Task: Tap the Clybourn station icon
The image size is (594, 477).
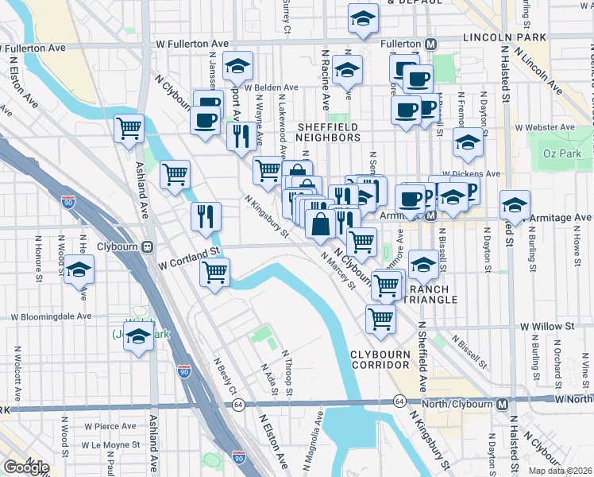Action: (x=147, y=246)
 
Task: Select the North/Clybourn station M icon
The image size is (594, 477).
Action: (x=502, y=404)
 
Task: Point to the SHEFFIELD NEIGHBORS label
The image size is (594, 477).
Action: (x=328, y=132)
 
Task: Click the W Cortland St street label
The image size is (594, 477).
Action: (x=188, y=253)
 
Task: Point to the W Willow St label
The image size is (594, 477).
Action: (x=547, y=326)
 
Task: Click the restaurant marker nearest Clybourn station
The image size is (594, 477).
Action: (x=206, y=215)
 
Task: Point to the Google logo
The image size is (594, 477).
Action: (x=26, y=467)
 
